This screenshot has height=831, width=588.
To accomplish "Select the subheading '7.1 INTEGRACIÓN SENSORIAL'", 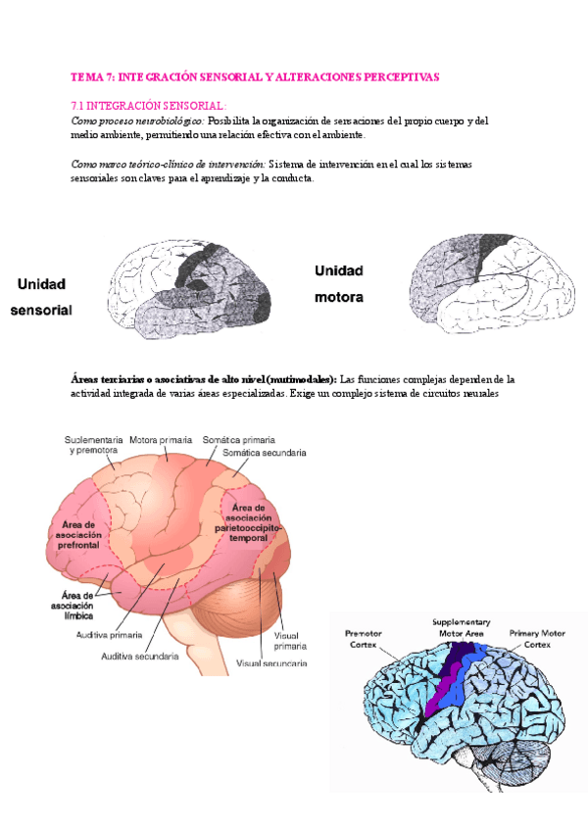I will [149, 104].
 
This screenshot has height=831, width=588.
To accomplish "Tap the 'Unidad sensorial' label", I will [41, 297].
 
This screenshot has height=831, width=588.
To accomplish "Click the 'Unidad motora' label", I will [339, 283].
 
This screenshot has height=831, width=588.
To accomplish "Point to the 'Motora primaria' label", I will [161, 440].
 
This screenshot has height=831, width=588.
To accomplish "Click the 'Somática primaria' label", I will [239, 440].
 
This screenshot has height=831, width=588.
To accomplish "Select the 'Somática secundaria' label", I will [265, 454].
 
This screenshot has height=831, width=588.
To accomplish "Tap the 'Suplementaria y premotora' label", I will [94, 446].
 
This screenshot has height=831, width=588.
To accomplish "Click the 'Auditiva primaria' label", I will [116, 635].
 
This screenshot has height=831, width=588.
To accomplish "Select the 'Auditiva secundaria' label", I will [141, 657].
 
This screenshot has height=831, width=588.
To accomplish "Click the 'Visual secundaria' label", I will [272, 663].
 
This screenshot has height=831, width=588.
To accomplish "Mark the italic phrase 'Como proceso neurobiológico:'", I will [137, 121].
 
